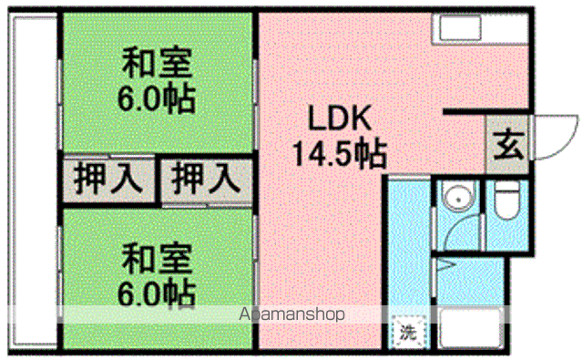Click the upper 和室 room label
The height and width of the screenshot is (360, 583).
pos(157,66)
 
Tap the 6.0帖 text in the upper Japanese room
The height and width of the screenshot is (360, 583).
pos(157,98)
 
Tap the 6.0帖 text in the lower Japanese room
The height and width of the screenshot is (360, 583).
pos(157,292)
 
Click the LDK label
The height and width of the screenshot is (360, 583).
pos(337,119)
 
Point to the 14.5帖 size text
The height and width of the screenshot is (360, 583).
pos(337,151)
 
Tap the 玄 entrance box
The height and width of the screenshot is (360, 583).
pos(507,145)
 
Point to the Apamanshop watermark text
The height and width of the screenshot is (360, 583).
pos(291,315)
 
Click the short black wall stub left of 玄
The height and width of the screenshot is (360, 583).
pos(463,113)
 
